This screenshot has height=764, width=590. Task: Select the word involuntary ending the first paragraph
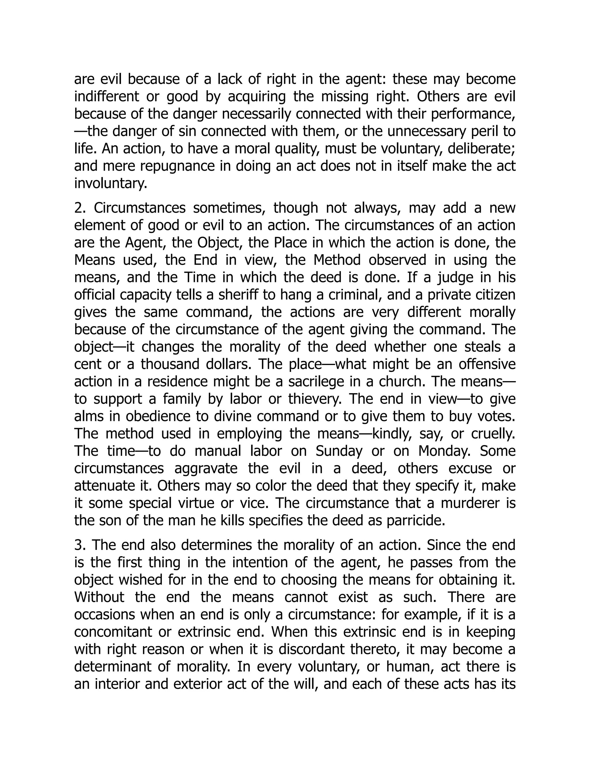(110, 183)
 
